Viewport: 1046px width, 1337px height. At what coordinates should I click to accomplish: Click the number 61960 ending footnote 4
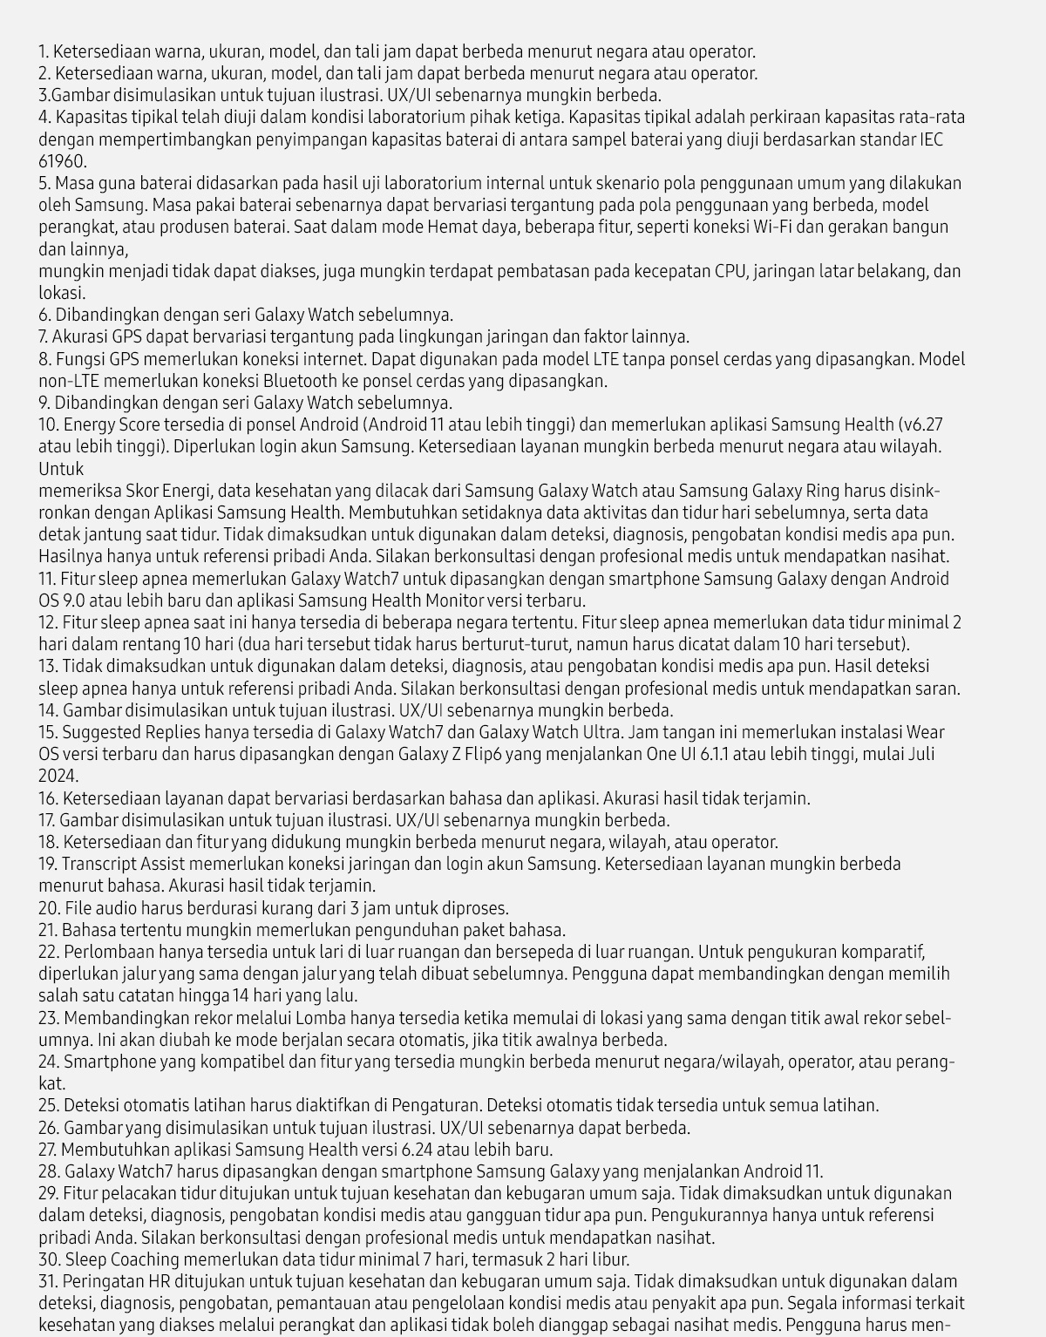click(62, 161)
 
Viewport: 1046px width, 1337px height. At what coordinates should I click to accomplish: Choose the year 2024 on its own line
click(58, 776)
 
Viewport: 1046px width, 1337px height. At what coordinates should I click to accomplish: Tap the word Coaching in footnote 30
click(141, 1259)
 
